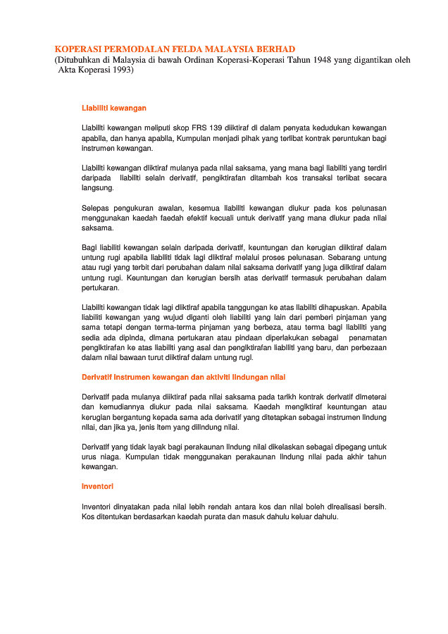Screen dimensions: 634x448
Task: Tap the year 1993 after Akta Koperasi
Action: pyautogui.click(x=120, y=70)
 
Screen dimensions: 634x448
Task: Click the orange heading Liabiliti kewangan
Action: pyautogui.click(x=114, y=108)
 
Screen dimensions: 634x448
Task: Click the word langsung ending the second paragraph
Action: pyautogui.click(x=97, y=189)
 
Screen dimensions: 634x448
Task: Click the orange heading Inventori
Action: pyautogui.click(x=98, y=486)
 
